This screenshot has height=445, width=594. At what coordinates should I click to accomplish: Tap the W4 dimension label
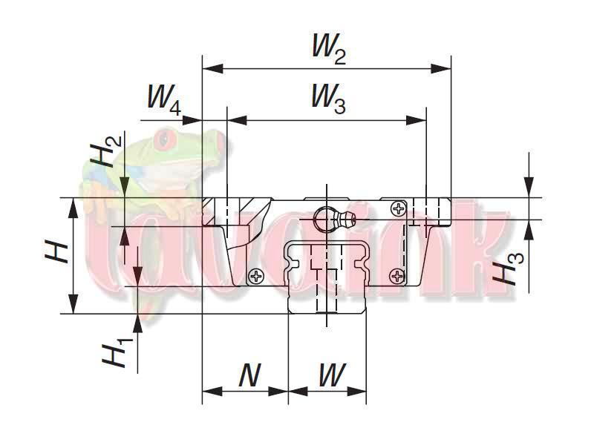[164, 99]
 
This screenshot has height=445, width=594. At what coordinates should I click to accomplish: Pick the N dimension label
[249, 376]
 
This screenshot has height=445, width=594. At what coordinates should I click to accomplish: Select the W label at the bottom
[330, 376]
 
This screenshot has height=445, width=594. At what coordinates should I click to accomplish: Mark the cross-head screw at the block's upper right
[399, 208]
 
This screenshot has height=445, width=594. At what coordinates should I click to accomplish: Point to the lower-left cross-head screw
[257, 277]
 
